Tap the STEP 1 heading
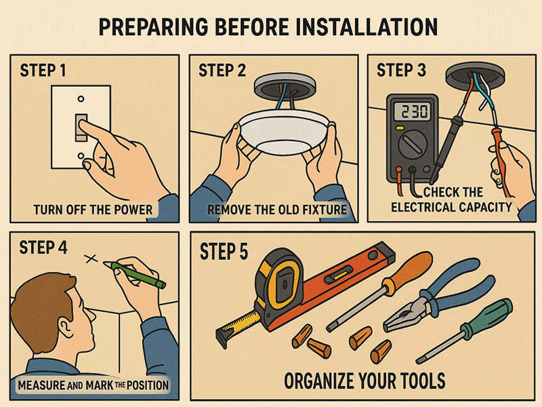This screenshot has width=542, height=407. coord(43,71)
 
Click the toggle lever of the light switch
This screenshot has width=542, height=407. coord(81,128)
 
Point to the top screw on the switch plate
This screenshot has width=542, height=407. coord(81,99)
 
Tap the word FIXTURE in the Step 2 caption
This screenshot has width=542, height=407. coord(325,210)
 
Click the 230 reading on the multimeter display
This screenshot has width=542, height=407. coord(415,111)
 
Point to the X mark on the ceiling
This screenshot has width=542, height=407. coord(91,258)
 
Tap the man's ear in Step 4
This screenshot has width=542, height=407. coord(65,327)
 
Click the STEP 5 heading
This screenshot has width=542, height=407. coord(224,251)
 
